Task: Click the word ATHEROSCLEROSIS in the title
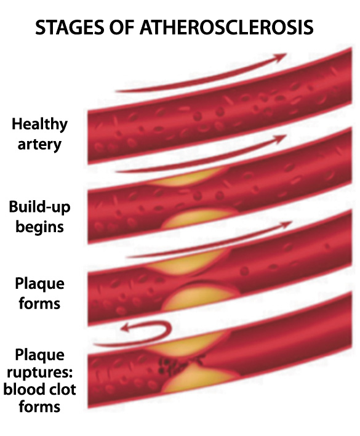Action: [226, 27]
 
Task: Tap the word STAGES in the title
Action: [70, 27]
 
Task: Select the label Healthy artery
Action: [39, 134]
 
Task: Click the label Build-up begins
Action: [39, 217]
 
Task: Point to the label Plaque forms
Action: [39, 293]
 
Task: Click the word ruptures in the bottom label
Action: [39, 373]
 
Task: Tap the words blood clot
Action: [39, 389]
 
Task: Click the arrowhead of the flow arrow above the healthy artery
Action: [279, 57]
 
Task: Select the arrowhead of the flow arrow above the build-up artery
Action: [280, 138]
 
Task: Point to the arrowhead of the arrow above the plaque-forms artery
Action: [285, 224]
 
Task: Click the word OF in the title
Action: [122, 27]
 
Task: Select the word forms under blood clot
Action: [39, 406]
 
